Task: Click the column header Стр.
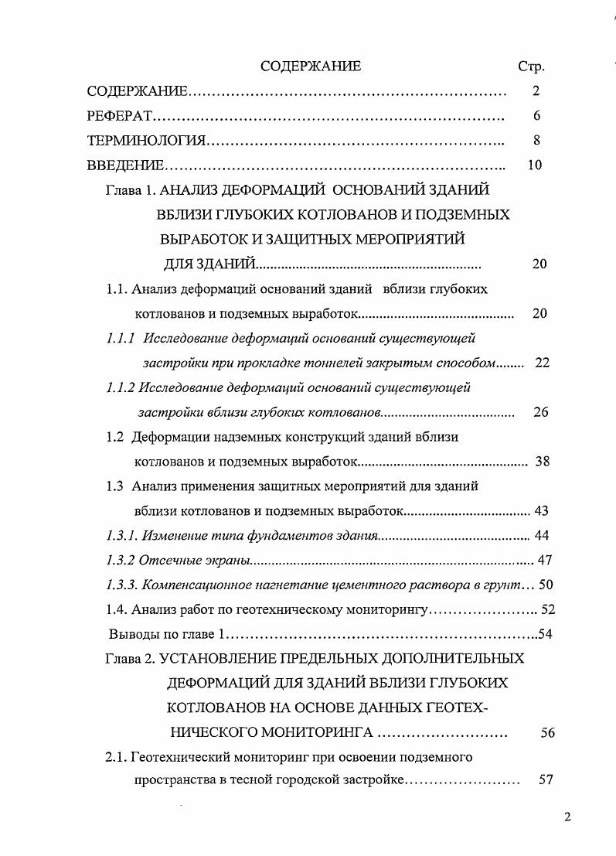(531, 67)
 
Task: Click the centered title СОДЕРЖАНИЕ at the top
(311, 67)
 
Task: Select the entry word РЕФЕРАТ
(121, 116)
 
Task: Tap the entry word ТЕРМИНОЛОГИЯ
(146, 141)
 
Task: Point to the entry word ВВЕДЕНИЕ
(125, 165)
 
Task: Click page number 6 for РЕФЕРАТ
(536, 116)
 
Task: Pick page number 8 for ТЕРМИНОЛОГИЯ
(536, 141)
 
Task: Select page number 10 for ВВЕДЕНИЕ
(534, 165)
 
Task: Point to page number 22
(542, 363)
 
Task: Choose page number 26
(540, 412)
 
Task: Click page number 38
(542, 462)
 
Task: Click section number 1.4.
(117, 610)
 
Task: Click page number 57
(546, 780)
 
